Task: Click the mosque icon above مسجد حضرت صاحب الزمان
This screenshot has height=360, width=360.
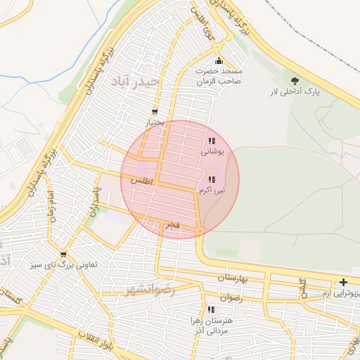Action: pyautogui.click(x=219, y=60)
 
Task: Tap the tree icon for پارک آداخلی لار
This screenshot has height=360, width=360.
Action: pyautogui.click(x=294, y=80)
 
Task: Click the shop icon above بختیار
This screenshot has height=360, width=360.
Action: pyautogui.click(x=155, y=112)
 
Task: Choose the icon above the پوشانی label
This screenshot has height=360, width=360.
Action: pyautogui.click(x=212, y=141)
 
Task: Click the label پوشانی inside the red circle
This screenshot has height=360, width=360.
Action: pyautogui.click(x=212, y=151)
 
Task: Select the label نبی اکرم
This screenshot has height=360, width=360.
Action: pyautogui.click(x=212, y=191)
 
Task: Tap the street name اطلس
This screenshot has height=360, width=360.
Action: pyautogui.click(x=141, y=181)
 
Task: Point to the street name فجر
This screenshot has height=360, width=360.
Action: pyautogui.click(x=172, y=226)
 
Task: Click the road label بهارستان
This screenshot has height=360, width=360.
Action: pyautogui.click(x=235, y=278)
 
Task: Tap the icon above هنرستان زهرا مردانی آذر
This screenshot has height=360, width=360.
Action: pyautogui.click(x=211, y=309)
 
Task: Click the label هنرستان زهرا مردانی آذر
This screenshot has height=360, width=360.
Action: pyautogui.click(x=211, y=325)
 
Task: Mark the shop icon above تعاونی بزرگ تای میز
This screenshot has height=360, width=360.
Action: pyautogui.click(x=64, y=255)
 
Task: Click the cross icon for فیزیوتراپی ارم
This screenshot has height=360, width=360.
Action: pyautogui.click(x=343, y=282)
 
